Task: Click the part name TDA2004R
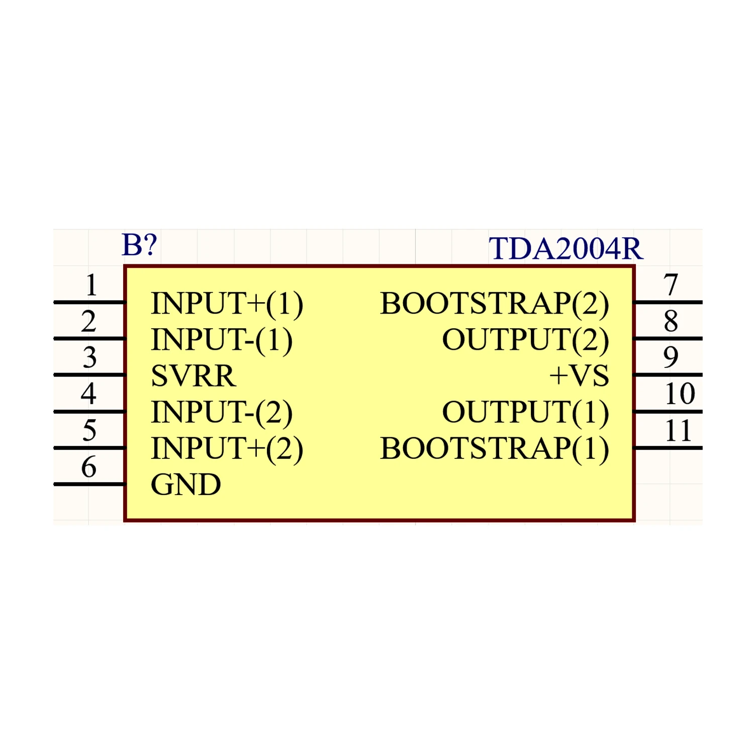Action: tap(565, 248)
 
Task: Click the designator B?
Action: tap(140, 245)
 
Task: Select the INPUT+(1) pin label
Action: tap(227, 304)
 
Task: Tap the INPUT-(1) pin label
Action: tap(222, 340)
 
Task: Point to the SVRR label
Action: tap(193, 375)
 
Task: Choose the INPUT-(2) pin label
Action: tap(222, 413)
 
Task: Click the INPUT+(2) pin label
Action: tap(227, 449)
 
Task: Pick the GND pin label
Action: tap(186, 485)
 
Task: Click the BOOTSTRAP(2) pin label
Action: tap(495, 304)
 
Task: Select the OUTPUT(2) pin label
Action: tap(526, 340)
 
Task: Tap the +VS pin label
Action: tap(579, 375)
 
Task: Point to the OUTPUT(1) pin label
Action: tap(526, 413)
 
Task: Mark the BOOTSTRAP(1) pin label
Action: tap(495, 449)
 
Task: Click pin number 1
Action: tap(91, 285)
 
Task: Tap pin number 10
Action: tap(680, 394)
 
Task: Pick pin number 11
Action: tap(678, 430)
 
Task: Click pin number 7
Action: tap(671, 285)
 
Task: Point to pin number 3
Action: tap(89, 357)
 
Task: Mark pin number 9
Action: tap(671, 357)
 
